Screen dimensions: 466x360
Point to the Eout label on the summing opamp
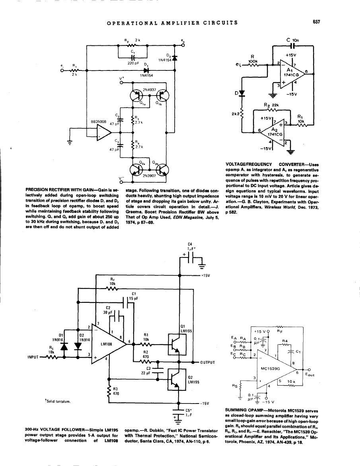coord(309,374)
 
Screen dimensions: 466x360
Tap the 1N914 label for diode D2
coord(84,339)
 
